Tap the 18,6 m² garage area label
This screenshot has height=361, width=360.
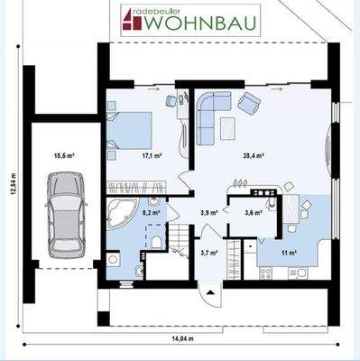(x=64, y=155)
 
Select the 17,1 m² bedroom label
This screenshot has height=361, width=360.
(x=151, y=155)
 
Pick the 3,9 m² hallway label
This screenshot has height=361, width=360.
(x=208, y=213)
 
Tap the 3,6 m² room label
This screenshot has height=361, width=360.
(x=254, y=213)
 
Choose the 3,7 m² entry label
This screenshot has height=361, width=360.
(x=209, y=254)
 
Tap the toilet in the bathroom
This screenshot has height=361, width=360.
(x=158, y=240)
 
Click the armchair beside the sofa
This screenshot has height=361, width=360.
(x=248, y=103)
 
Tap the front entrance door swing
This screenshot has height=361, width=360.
(x=209, y=294)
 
